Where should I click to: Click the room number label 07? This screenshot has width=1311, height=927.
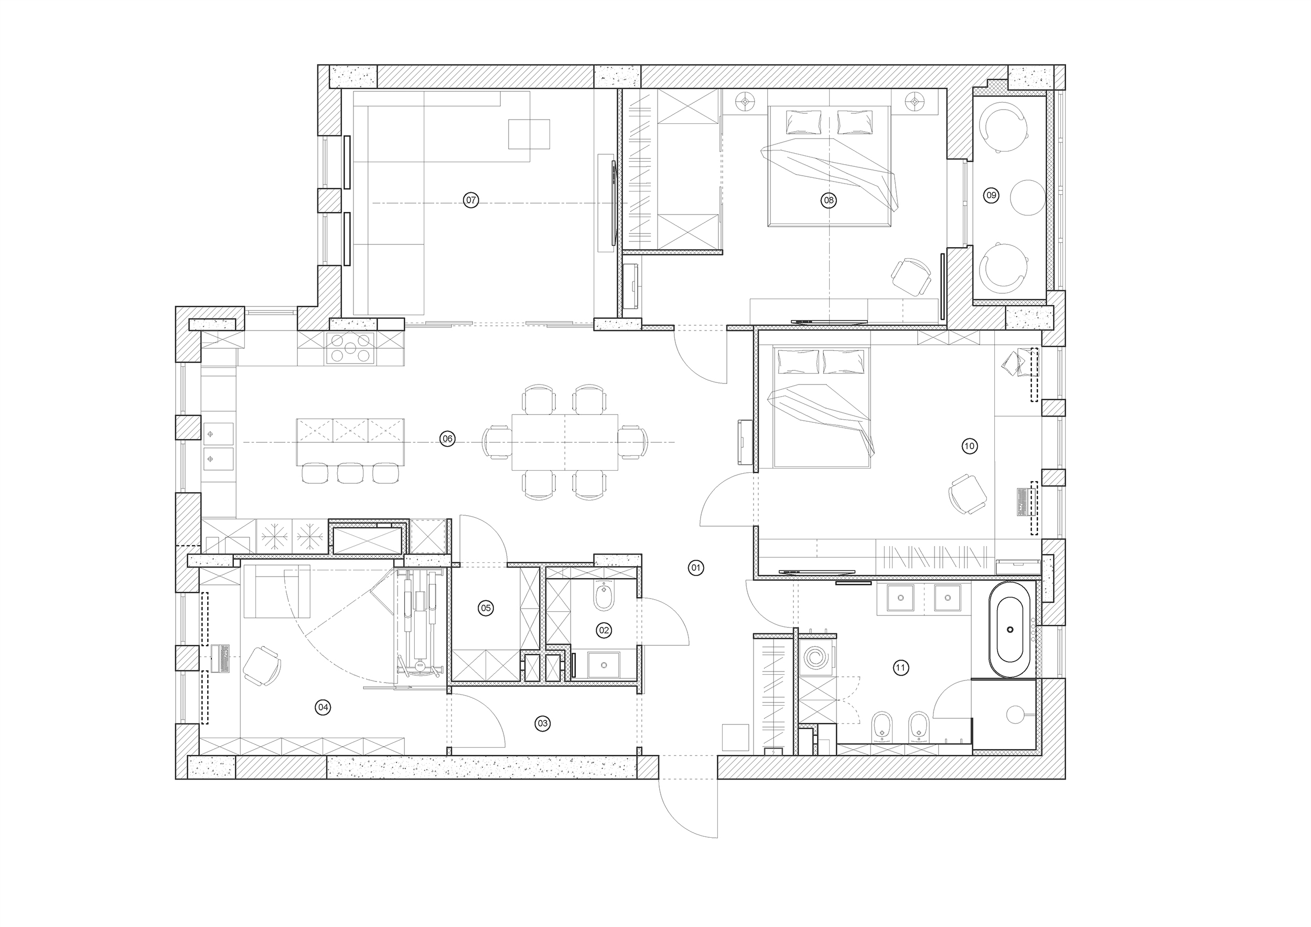470,200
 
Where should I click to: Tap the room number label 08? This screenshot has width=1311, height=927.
828,200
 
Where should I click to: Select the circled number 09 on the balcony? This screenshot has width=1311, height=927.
991,195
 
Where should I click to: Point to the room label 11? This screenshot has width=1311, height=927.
901,667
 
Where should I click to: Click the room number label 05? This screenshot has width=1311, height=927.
486,608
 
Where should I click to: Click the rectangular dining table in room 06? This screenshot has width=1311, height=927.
565,442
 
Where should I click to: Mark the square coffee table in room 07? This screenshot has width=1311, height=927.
529,134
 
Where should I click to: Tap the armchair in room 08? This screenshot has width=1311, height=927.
912,278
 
